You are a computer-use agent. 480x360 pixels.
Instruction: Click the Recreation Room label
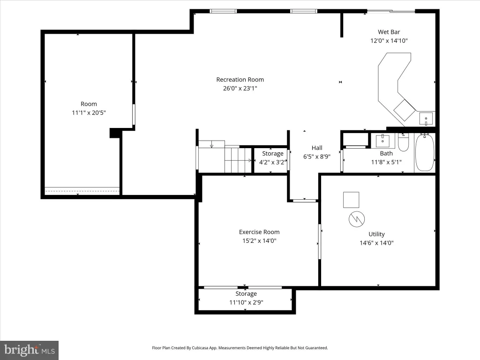(x=240, y=80)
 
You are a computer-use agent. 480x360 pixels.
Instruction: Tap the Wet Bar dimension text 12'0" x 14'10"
(x=389, y=41)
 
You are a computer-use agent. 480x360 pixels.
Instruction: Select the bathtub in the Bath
(x=425, y=152)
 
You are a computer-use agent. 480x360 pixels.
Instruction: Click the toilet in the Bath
(x=403, y=142)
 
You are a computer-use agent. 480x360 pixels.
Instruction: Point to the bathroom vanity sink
(x=382, y=141)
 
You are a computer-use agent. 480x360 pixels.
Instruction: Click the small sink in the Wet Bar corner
(x=426, y=119)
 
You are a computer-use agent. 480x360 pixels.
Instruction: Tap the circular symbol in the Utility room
(x=357, y=219)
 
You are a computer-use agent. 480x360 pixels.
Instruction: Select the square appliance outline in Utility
(x=351, y=200)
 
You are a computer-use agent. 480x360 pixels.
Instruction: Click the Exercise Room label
(x=259, y=232)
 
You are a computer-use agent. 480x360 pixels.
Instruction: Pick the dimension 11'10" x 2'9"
(x=246, y=302)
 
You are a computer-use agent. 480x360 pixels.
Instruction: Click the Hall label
(x=317, y=148)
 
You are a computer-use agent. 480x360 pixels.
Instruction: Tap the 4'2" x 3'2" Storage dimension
(x=272, y=162)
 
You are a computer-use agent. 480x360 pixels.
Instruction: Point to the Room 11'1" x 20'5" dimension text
(x=89, y=112)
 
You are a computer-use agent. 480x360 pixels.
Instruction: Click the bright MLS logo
(x=30, y=350)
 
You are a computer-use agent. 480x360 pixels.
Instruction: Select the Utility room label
(x=376, y=234)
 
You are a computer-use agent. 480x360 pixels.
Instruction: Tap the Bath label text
(x=386, y=153)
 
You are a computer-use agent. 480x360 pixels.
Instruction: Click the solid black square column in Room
(x=114, y=133)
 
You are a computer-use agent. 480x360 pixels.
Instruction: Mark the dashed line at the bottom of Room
(x=82, y=191)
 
